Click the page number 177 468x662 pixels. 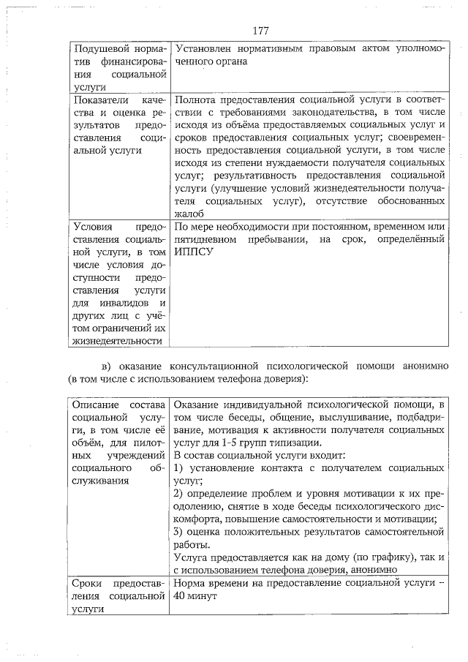(x=260, y=31)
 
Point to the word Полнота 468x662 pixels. (x=194, y=98)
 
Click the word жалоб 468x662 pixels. (x=187, y=213)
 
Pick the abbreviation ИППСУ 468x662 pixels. (x=190, y=252)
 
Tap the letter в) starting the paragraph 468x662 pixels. (x=107, y=366)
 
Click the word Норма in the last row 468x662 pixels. (x=189, y=583)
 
